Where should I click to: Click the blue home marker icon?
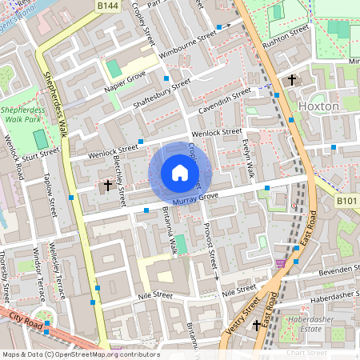180,173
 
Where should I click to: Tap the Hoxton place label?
318,106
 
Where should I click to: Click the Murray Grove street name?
196,197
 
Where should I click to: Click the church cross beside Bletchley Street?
108,186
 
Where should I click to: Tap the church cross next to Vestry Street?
257,325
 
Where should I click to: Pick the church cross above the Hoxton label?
292,80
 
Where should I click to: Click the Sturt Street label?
42,150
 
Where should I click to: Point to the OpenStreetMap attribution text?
80,354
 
